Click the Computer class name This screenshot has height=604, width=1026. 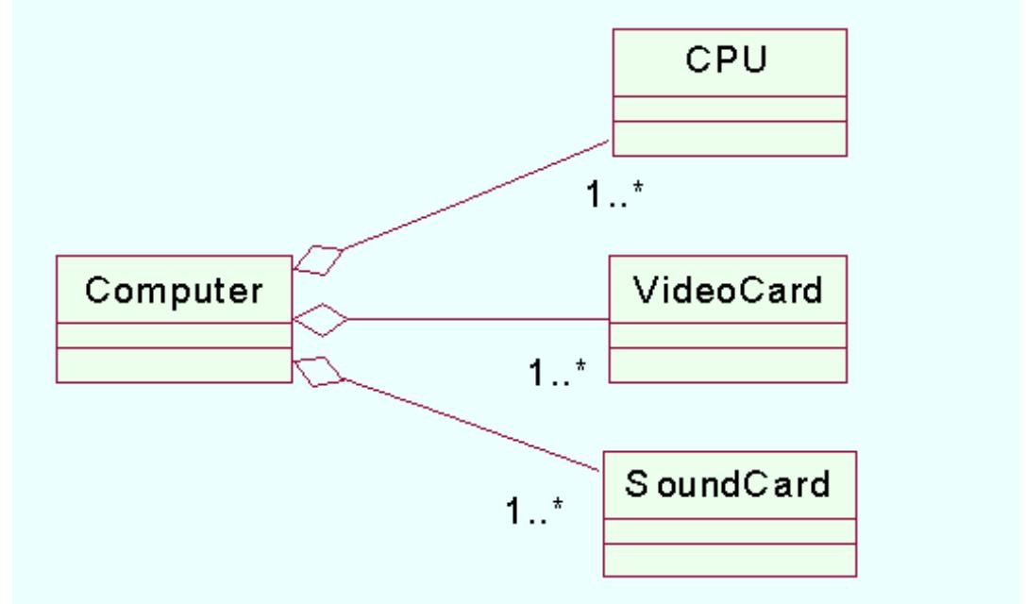point(173,290)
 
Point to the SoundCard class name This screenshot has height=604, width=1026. point(729,486)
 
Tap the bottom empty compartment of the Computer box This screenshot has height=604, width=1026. point(173,365)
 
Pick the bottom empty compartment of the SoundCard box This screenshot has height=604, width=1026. point(729,560)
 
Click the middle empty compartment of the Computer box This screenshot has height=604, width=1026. point(173,335)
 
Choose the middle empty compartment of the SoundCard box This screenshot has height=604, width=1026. point(729,530)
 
